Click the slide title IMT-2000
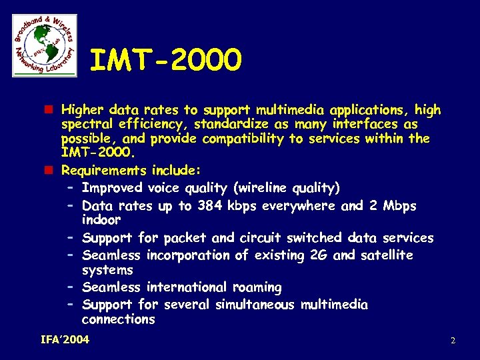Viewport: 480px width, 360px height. (165, 61)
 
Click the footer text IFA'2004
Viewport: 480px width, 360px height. (65, 340)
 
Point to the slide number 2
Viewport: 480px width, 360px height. (453, 341)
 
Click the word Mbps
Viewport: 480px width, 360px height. (399, 206)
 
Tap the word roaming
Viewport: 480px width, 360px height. (257, 287)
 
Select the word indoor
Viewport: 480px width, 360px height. (101, 220)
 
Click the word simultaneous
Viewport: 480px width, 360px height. (255, 305)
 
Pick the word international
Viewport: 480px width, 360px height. (187, 287)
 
